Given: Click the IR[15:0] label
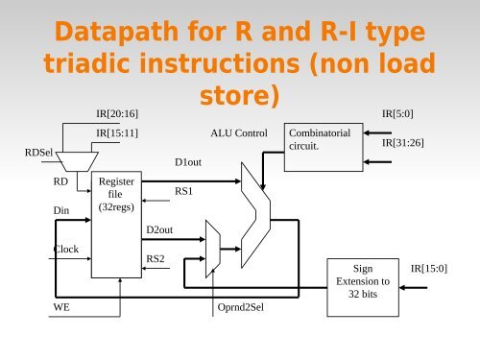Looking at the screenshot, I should [428, 268].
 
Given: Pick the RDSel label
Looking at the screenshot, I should [39, 151].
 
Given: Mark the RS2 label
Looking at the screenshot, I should [156, 258].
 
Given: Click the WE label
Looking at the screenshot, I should [61, 309].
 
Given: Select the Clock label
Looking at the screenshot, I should [65, 249].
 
